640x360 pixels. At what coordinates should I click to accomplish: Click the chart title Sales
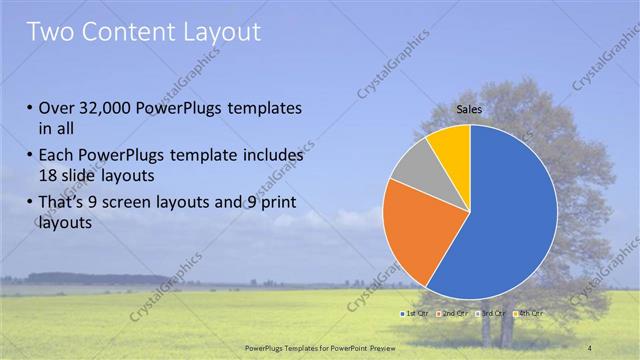coord(469,109)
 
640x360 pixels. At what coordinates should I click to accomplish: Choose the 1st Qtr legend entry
coord(415,314)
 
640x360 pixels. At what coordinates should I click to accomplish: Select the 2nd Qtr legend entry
coord(454,314)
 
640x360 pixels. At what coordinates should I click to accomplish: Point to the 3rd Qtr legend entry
coord(491,314)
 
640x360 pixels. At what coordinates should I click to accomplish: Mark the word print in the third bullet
coord(276,204)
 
